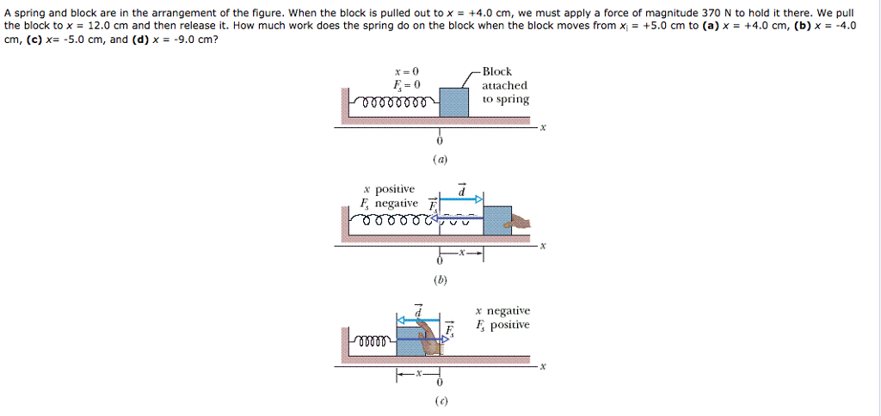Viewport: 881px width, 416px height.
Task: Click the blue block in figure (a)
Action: (454, 101)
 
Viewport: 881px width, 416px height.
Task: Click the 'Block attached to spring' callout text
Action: (505, 85)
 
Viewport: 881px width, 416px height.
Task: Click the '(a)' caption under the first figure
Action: (440, 159)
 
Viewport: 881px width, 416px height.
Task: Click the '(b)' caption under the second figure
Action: (440, 279)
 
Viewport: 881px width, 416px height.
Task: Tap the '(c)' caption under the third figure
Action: (440, 401)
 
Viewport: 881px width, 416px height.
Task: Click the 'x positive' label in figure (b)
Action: (389, 188)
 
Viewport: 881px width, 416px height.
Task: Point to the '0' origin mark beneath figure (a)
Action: (440, 141)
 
